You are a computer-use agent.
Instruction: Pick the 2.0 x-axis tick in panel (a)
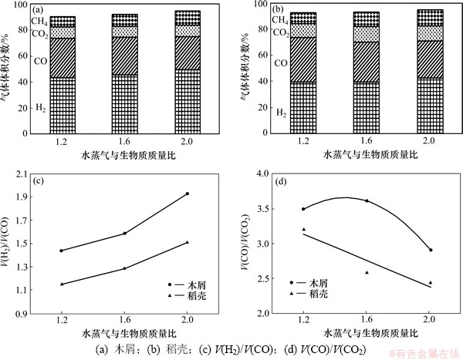188,142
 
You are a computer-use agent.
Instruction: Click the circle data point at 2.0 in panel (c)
187,193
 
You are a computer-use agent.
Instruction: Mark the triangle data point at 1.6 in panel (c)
124,267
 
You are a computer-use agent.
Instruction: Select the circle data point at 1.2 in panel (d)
303,208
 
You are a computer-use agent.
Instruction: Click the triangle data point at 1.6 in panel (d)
367,272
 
